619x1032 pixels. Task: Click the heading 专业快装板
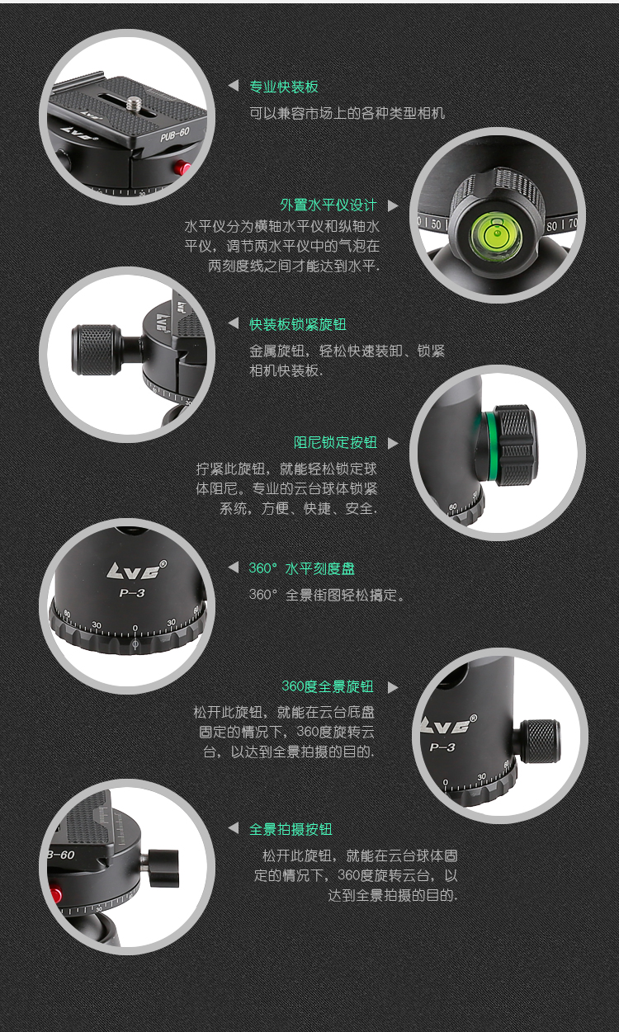[x=284, y=87]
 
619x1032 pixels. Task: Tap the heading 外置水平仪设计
[x=328, y=205]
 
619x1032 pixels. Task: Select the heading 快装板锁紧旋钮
[x=298, y=324]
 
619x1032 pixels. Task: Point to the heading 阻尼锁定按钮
[x=336, y=443]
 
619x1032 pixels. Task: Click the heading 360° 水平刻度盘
[x=302, y=568]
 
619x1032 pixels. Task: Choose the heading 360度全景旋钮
[x=328, y=686]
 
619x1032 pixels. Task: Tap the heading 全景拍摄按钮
[x=291, y=829]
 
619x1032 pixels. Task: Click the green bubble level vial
[x=497, y=233]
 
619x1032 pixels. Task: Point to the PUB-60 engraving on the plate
[x=175, y=134]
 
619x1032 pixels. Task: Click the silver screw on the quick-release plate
[x=135, y=103]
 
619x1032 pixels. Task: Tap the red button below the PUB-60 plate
[x=183, y=167]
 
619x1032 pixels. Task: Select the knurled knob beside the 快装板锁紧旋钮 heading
[x=96, y=350]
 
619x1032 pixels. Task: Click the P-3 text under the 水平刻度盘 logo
[x=132, y=593]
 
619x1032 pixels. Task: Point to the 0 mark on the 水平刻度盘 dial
[x=135, y=628]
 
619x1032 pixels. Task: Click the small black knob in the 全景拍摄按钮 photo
[x=163, y=868]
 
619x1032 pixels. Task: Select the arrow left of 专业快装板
[x=234, y=85]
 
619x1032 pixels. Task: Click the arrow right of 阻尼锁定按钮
[x=393, y=443]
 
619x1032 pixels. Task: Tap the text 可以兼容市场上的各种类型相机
[x=347, y=113]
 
